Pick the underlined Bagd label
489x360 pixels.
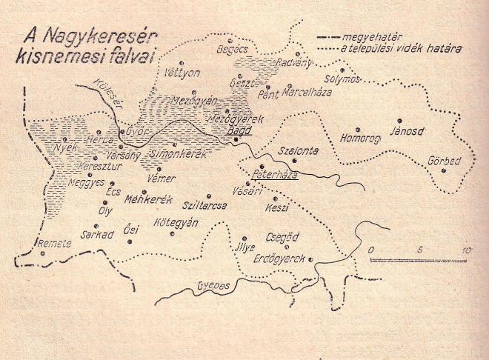(239, 130)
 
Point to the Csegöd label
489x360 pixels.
(282, 238)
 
